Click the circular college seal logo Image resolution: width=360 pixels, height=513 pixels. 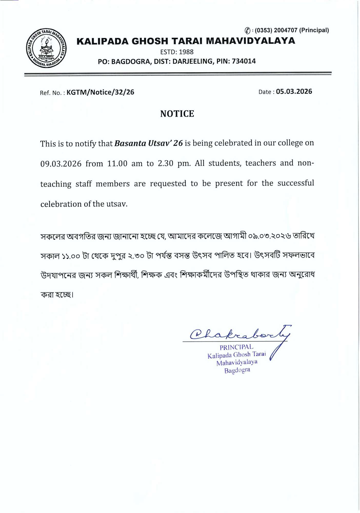pos(46,48)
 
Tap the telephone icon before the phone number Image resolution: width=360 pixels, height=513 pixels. pos(247,31)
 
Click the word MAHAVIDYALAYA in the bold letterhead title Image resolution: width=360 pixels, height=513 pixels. pos(251,41)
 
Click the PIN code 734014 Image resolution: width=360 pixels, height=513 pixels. pos(244,61)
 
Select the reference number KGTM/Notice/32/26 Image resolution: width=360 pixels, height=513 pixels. pos(100,92)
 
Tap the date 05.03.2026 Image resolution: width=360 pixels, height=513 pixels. pos(294,92)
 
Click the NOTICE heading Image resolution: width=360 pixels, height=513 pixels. pos(177,114)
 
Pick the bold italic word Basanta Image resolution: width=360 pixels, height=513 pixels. pos(130,143)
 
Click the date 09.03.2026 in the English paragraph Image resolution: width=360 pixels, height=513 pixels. pos(61,164)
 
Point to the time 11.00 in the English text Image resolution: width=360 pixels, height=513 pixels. pos(117,163)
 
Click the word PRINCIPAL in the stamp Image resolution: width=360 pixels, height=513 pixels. pos(236,347)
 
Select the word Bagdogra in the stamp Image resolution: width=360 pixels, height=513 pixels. pos(237,370)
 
